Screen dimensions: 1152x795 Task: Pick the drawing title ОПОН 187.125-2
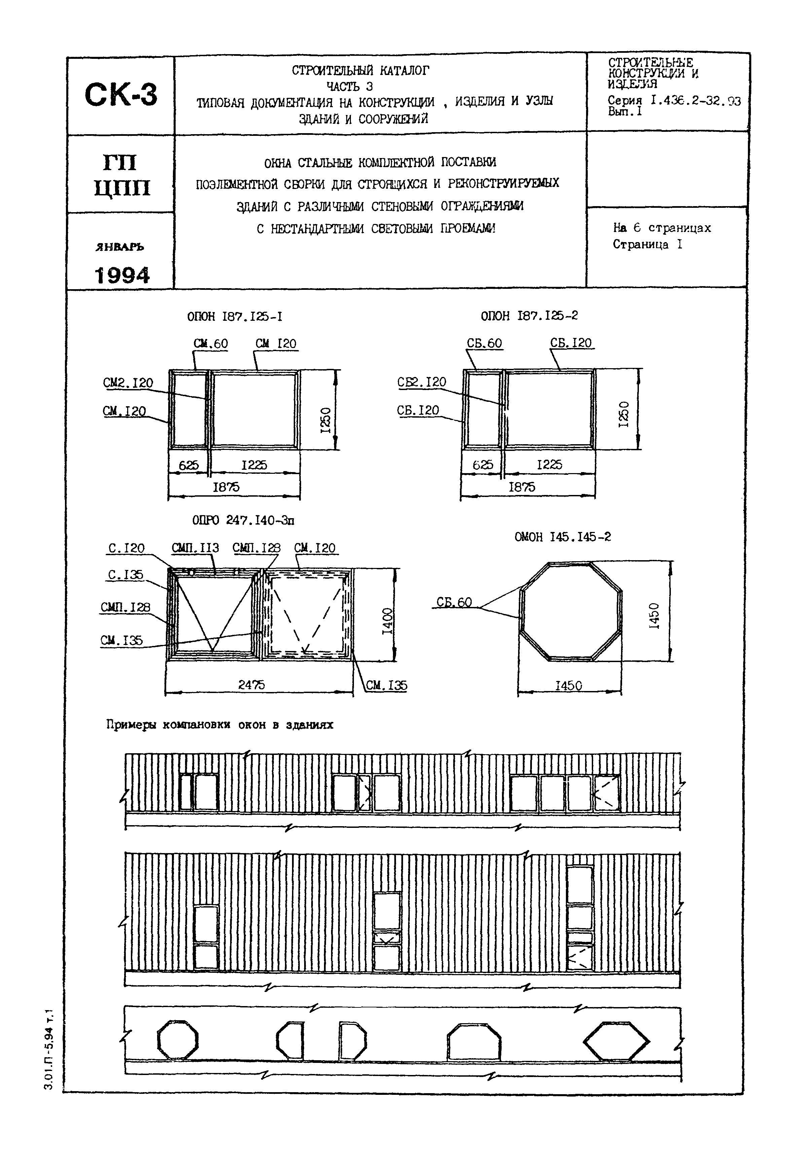(529, 316)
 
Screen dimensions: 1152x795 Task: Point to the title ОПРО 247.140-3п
(243, 520)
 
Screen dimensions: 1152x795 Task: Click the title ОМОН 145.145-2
(563, 537)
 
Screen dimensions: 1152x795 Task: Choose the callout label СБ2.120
(422, 382)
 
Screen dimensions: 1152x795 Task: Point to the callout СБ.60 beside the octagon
(454, 602)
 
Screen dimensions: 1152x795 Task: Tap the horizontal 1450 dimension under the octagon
(568, 686)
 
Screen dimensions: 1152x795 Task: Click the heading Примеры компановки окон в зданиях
(220, 725)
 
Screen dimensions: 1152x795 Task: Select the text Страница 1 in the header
(648, 244)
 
